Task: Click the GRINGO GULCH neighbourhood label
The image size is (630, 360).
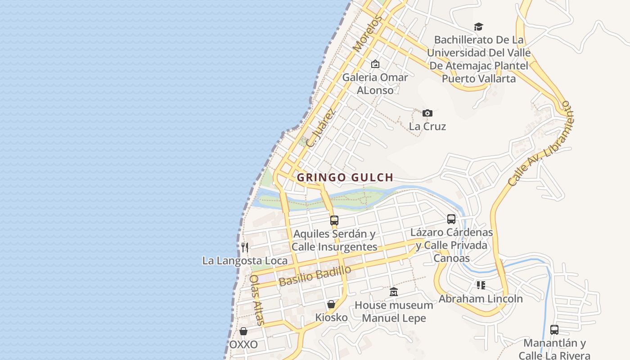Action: (x=345, y=177)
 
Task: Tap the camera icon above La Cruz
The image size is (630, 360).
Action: (x=427, y=113)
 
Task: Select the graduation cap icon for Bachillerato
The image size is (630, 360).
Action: (x=478, y=27)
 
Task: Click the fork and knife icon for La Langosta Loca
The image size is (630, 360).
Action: (x=244, y=247)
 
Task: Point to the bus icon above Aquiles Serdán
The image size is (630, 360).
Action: (x=334, y=220)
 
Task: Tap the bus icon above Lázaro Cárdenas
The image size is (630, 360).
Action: (x=451, y=219)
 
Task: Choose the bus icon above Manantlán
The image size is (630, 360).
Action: (x=554, y=330)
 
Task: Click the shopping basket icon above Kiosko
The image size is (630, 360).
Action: (x=331, y=304)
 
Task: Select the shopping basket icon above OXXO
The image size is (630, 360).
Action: (x=243, y=331)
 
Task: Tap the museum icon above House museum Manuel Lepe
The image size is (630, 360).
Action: (x=394, y=292)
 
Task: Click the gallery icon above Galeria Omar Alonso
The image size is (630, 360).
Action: (x=375, y=64)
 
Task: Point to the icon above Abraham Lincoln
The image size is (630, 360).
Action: (x=481, y=285)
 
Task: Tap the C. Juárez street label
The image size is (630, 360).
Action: (x=321, y=127)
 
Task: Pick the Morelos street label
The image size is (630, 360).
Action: (x=368, y=33)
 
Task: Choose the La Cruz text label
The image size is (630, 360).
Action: (x=427, y=126)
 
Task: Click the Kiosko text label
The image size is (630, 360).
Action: (x=331, y=318)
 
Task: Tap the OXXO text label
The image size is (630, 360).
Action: (x=243, y=345)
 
